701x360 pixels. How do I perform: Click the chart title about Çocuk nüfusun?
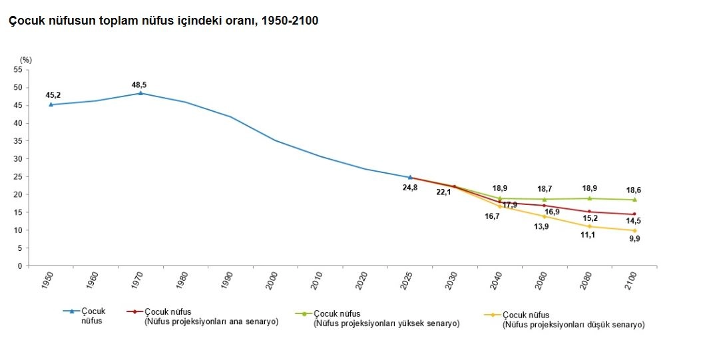pos(163,21)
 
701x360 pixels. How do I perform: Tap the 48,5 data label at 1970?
pos(140,85)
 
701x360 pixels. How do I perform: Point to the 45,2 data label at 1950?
pos(53,95)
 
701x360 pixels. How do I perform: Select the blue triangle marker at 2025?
pos(410,178)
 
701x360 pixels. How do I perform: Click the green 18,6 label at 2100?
pos(634,190)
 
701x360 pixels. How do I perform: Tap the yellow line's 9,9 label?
pos(634,239)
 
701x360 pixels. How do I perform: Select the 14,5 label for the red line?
pos(634,221)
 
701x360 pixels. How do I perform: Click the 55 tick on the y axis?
pos(18,70)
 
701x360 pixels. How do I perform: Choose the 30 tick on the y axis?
pos(18,159)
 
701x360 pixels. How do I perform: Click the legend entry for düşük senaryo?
pos(573,320)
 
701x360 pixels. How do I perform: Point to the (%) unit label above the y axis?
pos(26,60)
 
